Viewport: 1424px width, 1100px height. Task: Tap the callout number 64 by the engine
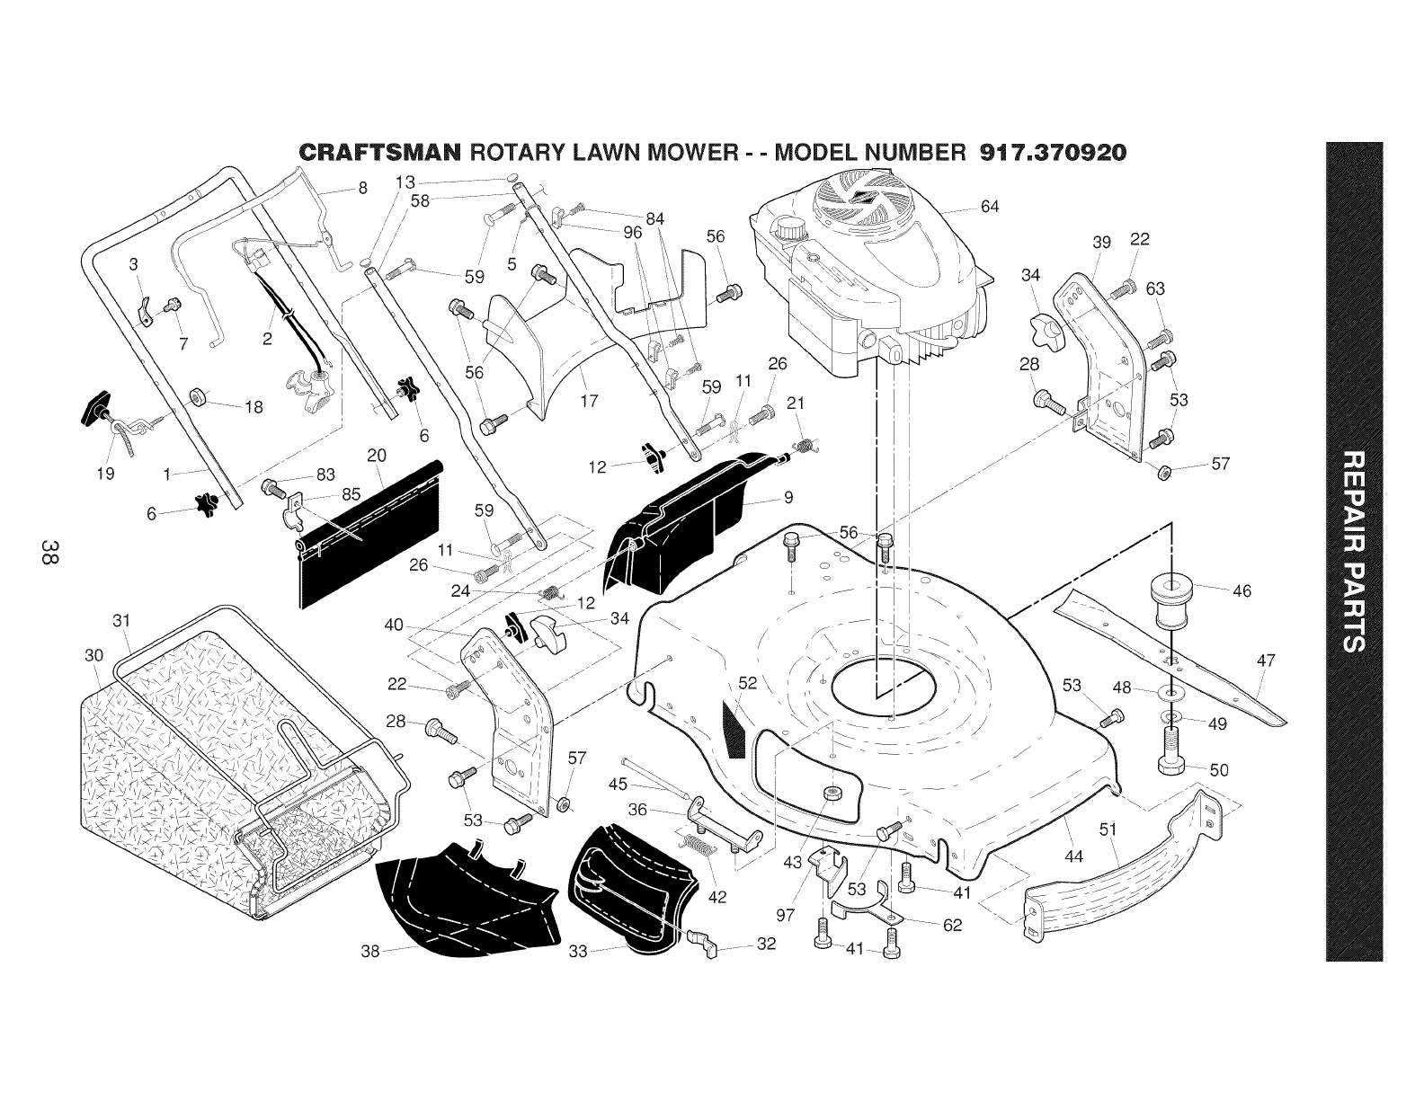(990, 207)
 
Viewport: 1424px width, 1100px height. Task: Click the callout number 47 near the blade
(1266, 661)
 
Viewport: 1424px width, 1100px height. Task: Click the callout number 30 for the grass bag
(93, 655)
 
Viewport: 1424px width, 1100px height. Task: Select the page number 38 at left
(50, 551)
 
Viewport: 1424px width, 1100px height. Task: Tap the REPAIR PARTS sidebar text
(1354, 551)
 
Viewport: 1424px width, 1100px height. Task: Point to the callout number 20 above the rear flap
(377, 455)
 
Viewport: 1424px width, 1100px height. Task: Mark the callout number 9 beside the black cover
(788, 498)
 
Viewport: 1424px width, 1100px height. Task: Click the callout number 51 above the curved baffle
(1108, 829)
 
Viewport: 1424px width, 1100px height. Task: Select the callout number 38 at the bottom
(370, 951)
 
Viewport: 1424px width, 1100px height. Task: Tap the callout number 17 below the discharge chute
(589, 400)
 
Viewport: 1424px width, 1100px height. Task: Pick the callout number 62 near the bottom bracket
(952, 925)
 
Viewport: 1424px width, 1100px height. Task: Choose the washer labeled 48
(1170, 691)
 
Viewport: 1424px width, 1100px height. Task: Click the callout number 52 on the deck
(747, 683)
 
